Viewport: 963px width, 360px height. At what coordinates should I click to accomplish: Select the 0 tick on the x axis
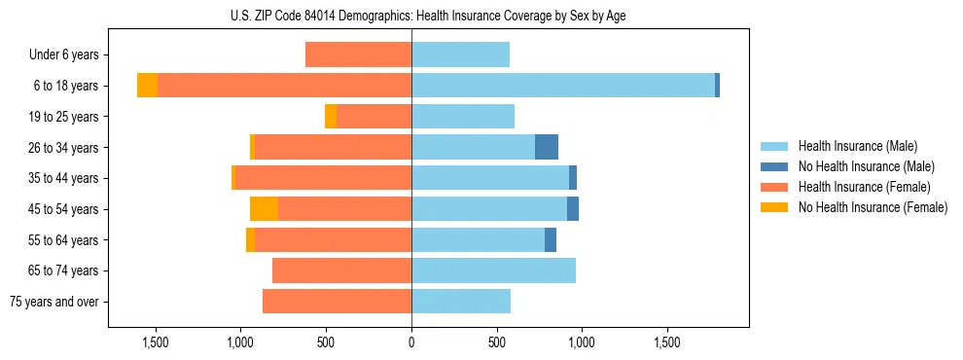click(411, 343)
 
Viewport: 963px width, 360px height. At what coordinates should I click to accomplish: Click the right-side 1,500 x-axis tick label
click(667, 343)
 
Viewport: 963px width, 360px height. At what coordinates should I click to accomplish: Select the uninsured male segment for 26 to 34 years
click(547, 147)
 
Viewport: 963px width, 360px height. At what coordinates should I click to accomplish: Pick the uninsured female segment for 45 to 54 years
click(264, 208)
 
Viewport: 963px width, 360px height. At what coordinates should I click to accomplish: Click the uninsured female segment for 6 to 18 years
click(147, 86)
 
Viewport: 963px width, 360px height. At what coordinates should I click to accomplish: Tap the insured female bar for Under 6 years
click(358, 54)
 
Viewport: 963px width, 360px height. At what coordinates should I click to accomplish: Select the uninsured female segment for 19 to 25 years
click(331, 116)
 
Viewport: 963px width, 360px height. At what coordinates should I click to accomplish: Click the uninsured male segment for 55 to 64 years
click(551, 239)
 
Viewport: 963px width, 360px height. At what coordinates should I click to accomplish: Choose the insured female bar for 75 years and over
click(337, 302)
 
